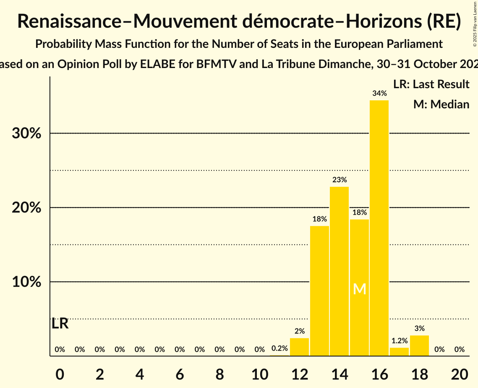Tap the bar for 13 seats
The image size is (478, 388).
pyautogui.click(x=319, y=291)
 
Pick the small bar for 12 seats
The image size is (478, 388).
pyautogui.click(x=299, y=347)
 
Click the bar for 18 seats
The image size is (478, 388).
pyautogui.click(x=419, y=346)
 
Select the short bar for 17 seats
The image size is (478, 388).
pyautogui.click(x=399, y=351)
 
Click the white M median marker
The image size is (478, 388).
pyautogui.click(x=359, y=289)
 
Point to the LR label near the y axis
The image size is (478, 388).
pyautogui.click(x=60, y=324)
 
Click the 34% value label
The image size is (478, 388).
pyautogui.click(x=379, y=94)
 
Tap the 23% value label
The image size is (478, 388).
pyautogui.click(x=339, y=180)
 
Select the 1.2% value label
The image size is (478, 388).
pyautogui.click(x=399, y=341)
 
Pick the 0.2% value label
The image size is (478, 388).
pyautogui.click(x=279, y=349)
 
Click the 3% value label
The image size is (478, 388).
pyautogui.click(x=419, y=329)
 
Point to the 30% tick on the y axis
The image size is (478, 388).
pyautogui.click(x=26, y=134)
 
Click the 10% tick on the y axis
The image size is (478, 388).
pyautogui.click(x=26, y=282)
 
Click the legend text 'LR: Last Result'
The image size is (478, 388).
pyautogui.click(x=431, y=84)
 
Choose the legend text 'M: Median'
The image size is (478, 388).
pyautogui.click(x=441, y=105)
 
